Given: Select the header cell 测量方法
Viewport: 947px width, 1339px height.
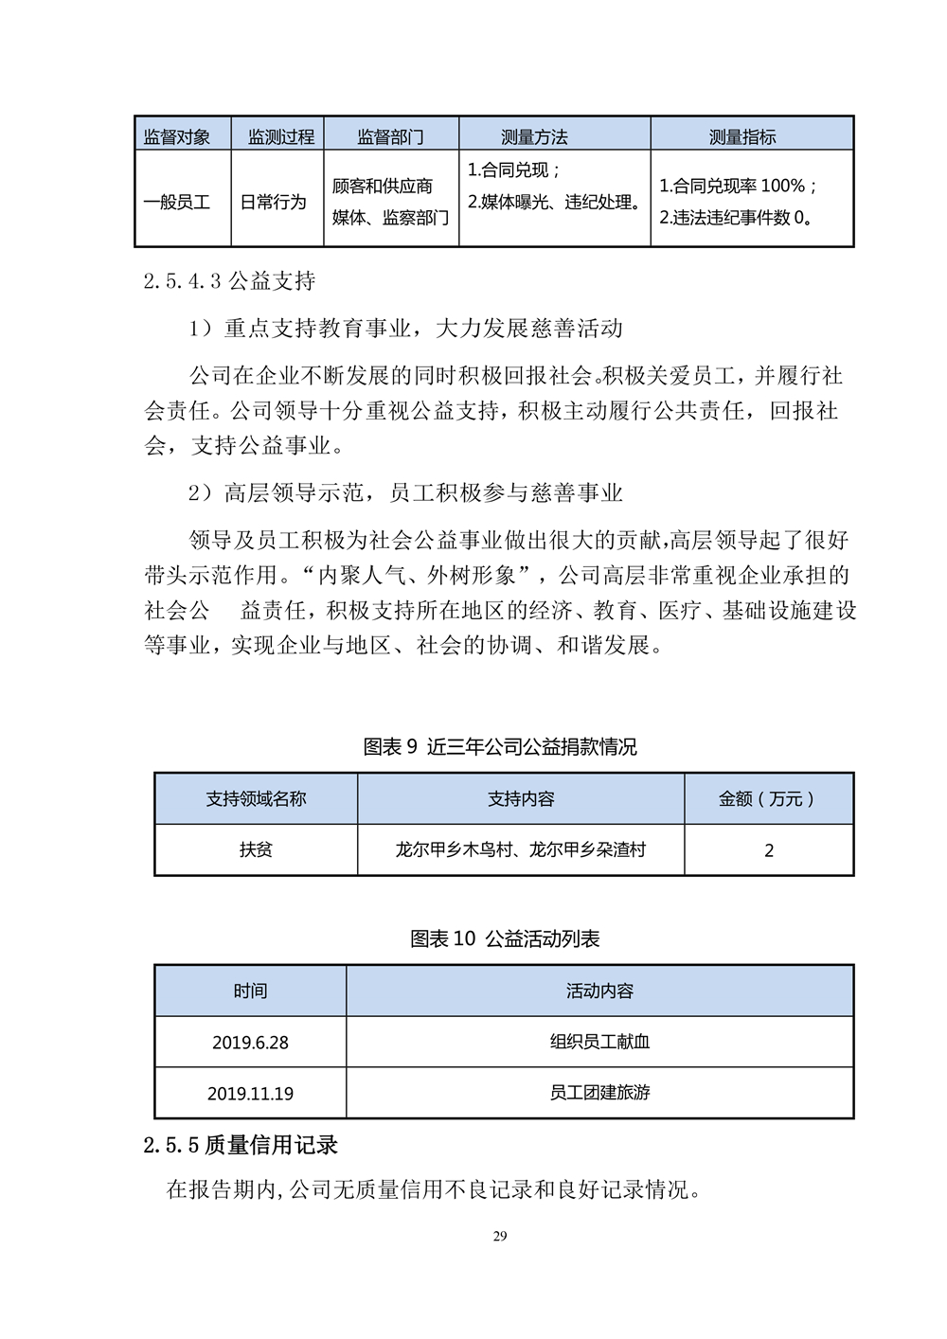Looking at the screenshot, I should click(x=534, y=137).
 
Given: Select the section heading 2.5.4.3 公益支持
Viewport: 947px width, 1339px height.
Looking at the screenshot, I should click(x=229, y=281).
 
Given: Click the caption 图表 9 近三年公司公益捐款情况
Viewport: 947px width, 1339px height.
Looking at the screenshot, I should click(x=500, y=747).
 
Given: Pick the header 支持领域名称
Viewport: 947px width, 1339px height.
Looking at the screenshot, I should click(x=256, y=799).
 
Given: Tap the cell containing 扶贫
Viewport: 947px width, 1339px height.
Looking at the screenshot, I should click(x=256, y=850).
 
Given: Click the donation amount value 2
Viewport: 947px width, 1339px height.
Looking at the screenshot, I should click(x=769, y=850).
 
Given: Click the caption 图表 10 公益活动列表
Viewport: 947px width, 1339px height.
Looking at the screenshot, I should click(x=505, y=939).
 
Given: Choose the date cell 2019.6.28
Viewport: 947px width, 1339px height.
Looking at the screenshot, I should click(x=250, y=1043).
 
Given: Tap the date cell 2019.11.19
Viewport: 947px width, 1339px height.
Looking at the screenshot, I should click(x=250, y=1094).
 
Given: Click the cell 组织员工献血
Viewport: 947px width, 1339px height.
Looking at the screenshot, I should click(x=599, y=1043).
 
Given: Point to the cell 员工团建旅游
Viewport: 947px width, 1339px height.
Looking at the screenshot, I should click(x=599, y=1093).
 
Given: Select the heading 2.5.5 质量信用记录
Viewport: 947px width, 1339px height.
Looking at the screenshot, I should click(x=241, y=1146).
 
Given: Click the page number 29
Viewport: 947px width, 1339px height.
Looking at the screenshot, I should click(x=501, y=1236).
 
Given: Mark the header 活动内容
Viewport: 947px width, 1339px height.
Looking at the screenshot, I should click(x=599, y=991).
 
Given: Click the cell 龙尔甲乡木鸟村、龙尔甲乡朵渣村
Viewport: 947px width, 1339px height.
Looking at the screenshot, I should click(x=520, y=850).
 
